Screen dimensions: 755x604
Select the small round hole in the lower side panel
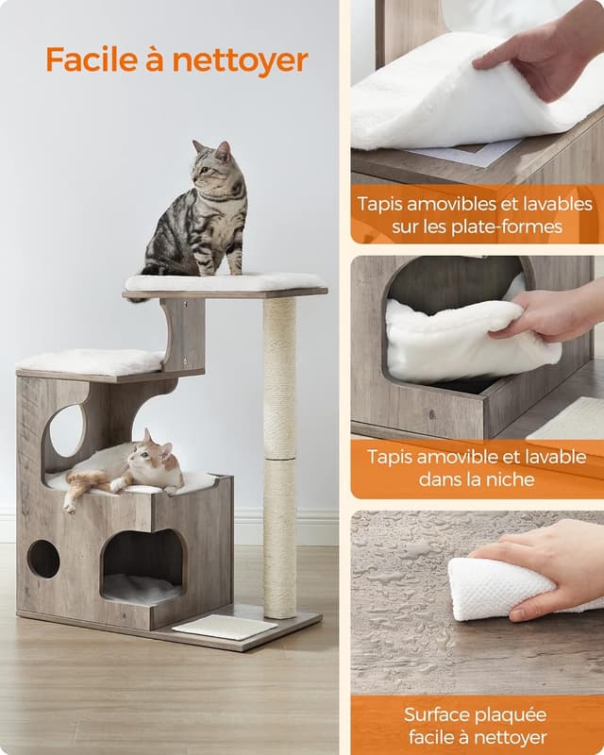[x=43, y=559]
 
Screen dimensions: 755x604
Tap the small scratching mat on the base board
[x=225, y=626]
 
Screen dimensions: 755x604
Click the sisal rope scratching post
[x=279, y=453]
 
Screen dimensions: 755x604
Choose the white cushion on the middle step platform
[x=91, y=361]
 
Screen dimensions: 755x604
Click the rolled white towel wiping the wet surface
[x=500, y=588]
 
